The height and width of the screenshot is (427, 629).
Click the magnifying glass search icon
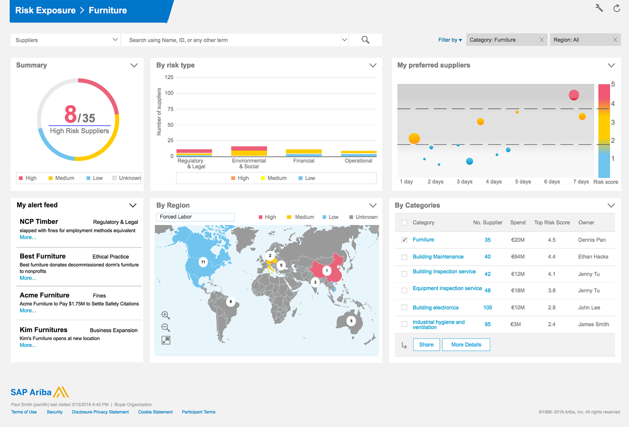[x=365, y=40]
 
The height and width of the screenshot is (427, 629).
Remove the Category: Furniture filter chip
[x=542, y=40]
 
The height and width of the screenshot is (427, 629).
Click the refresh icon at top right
[x=617, y=8]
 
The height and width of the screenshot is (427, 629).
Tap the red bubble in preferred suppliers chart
[x=574, y=95]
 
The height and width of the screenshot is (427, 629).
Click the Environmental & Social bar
[x=249, y=151]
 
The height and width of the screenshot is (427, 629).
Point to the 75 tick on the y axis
[x=170, y=109]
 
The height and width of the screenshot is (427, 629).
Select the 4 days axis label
[x=494, y=182]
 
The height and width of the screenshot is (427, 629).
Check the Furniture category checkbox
[x=404, y=240]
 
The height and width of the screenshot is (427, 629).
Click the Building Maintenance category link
[x=438, y=257]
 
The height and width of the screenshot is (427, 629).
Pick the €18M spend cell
[x=518, y=290]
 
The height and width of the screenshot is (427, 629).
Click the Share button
[x=426, y=344]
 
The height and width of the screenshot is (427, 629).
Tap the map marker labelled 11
[x=203, y=262]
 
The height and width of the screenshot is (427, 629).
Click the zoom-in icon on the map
[x=165, y=315]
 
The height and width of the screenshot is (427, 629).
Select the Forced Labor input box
[x=195, y=217]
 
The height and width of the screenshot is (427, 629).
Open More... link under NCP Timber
[x=28, y=238]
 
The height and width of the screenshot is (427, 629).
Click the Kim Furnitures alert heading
[x=44, y=330]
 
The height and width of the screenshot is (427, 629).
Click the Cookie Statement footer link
[x=155, y=412]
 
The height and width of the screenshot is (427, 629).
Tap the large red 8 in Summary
[x=70, y=114]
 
